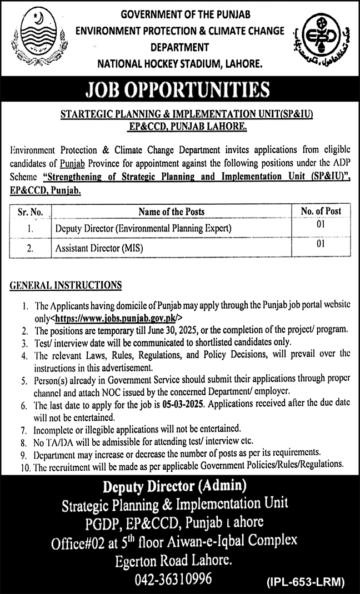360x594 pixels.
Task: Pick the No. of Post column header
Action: (321, 211)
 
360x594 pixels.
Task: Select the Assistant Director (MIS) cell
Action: (99, 248)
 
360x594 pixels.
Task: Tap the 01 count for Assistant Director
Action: (320, 244)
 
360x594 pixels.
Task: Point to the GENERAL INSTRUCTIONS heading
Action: (66, 285)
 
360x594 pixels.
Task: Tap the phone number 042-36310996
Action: (173, 579)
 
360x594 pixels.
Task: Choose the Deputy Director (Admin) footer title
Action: (174, 487)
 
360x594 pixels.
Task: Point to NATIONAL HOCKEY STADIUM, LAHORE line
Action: (179, 64)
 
